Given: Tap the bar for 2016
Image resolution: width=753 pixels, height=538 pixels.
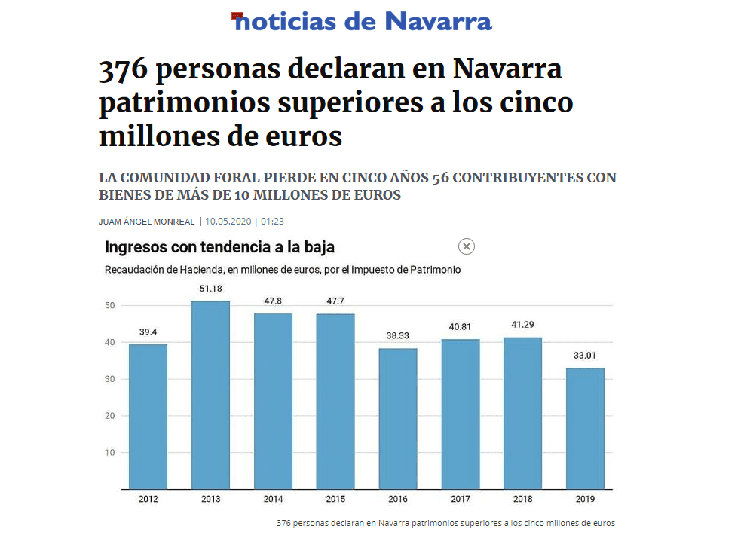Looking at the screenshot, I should click(x=398, y=417).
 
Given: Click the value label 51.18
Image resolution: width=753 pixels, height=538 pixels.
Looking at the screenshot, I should click(x=210, y=289).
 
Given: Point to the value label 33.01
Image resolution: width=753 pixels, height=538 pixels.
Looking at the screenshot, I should click(x=585, y=356).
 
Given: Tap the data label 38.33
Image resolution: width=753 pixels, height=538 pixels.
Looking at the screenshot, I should click(x=398, y=336).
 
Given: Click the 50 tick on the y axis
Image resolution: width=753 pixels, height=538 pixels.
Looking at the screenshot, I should click(x=109, y=305).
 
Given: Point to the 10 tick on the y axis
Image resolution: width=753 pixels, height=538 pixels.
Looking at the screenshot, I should click(x=109, y=453).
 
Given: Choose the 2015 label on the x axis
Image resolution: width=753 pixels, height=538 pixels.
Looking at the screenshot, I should click(x=335, y=499).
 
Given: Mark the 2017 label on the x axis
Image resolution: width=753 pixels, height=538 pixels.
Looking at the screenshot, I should click(x=461, y=499).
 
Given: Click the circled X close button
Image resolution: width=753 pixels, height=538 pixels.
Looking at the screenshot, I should click(x=467, y=246).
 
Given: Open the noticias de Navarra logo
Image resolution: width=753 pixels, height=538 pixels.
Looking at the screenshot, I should click(x=363, y=21).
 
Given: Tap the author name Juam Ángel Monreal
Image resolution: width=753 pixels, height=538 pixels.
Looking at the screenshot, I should click(x=147, y=222).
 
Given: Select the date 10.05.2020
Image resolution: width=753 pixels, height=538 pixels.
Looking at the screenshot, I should click(x=228, y=222).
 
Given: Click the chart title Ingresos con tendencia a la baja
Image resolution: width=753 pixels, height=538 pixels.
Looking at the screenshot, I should click(x=219, y=247).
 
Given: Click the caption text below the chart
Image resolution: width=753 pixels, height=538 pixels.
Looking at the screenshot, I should click(x=445, y=522).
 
